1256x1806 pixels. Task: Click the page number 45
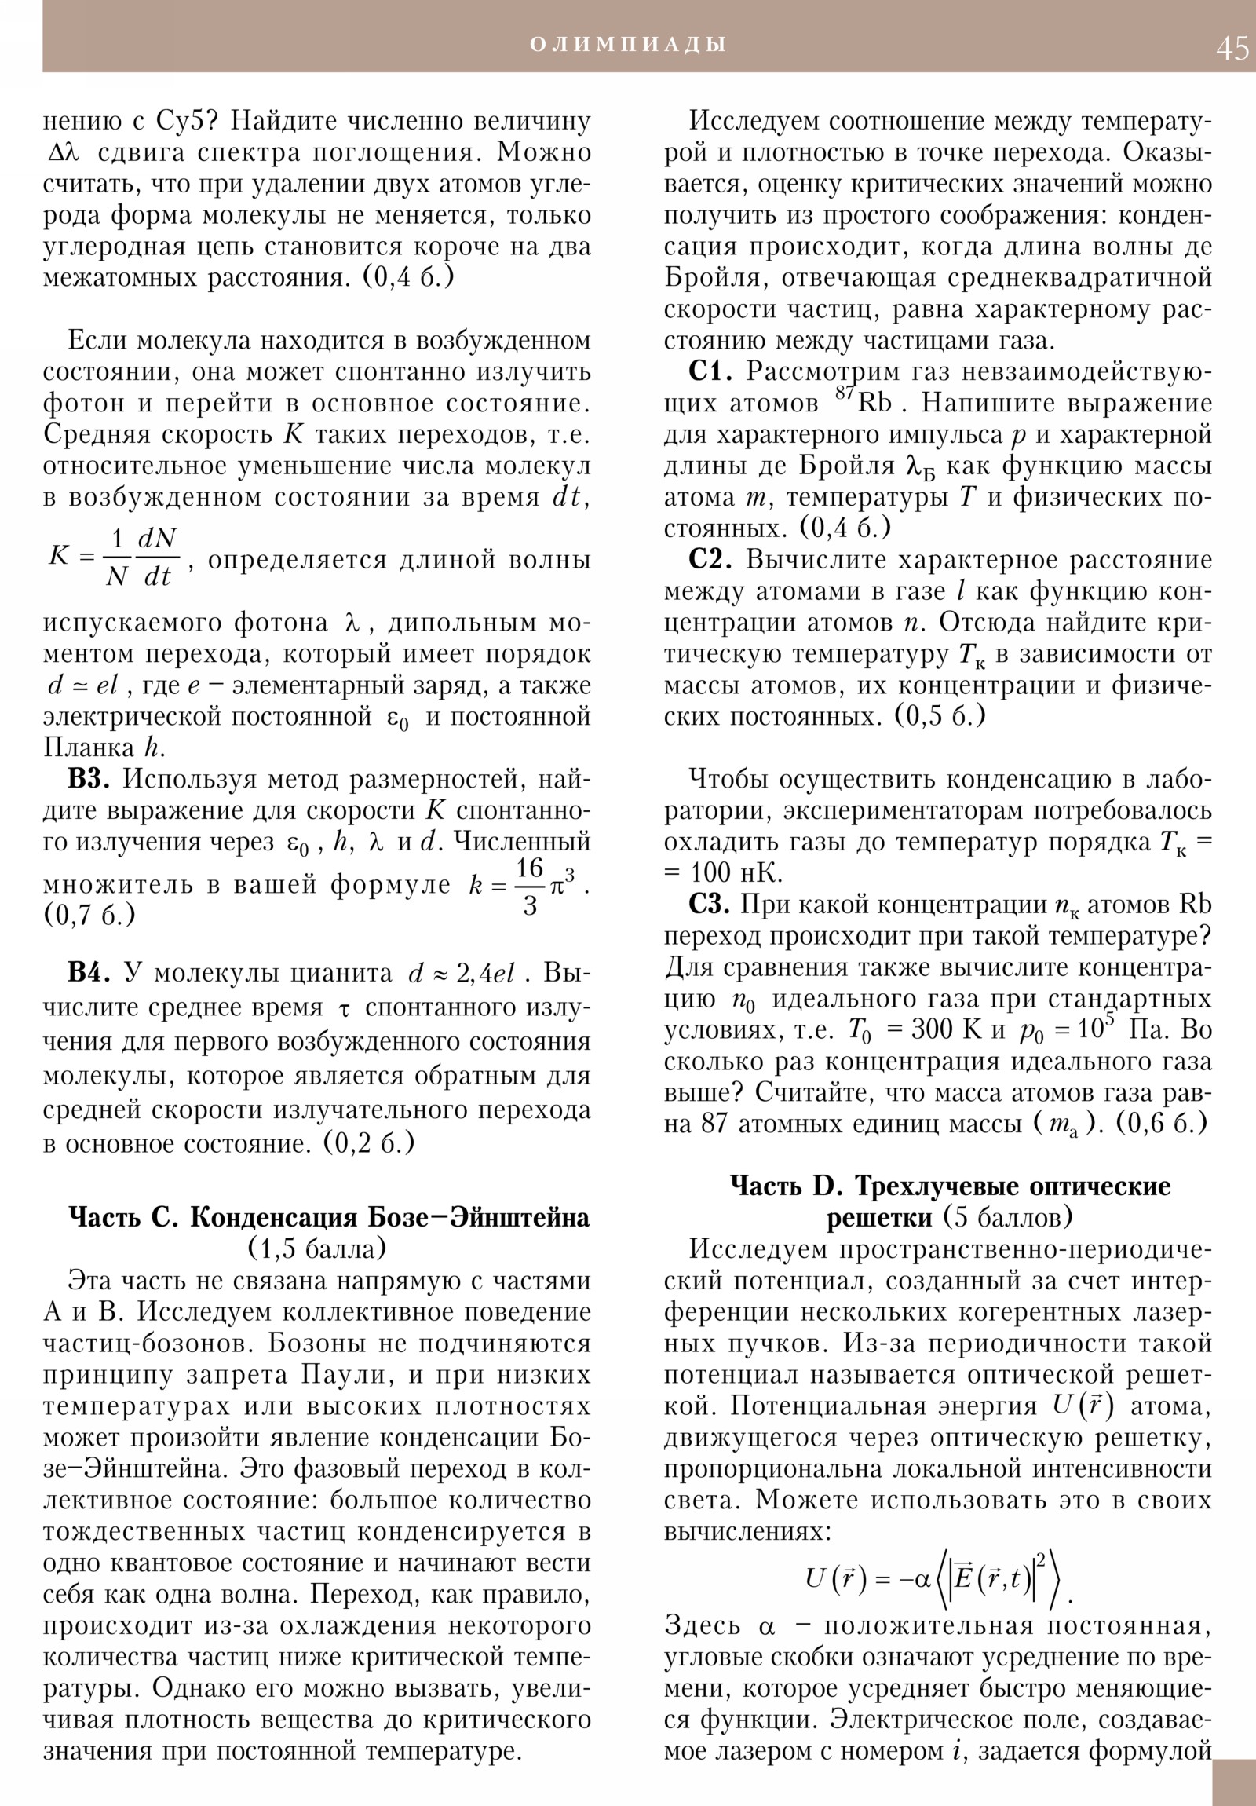coord(1232,49)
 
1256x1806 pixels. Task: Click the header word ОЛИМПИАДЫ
coord(627,45)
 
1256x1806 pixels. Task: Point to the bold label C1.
coord(710,371)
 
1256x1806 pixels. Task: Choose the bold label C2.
coord(710,559)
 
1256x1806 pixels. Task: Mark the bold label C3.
coord(710,905)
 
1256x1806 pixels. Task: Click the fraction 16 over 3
coord(529,887)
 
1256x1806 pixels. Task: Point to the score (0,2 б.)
coord(369,1143)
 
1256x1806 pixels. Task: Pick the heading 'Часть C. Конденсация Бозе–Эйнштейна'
coord(329,1218)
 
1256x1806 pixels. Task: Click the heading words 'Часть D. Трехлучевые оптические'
coord(950,1186)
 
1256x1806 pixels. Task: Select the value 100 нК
coord(736,873)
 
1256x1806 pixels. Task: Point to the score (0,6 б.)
coord(1161,1124)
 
